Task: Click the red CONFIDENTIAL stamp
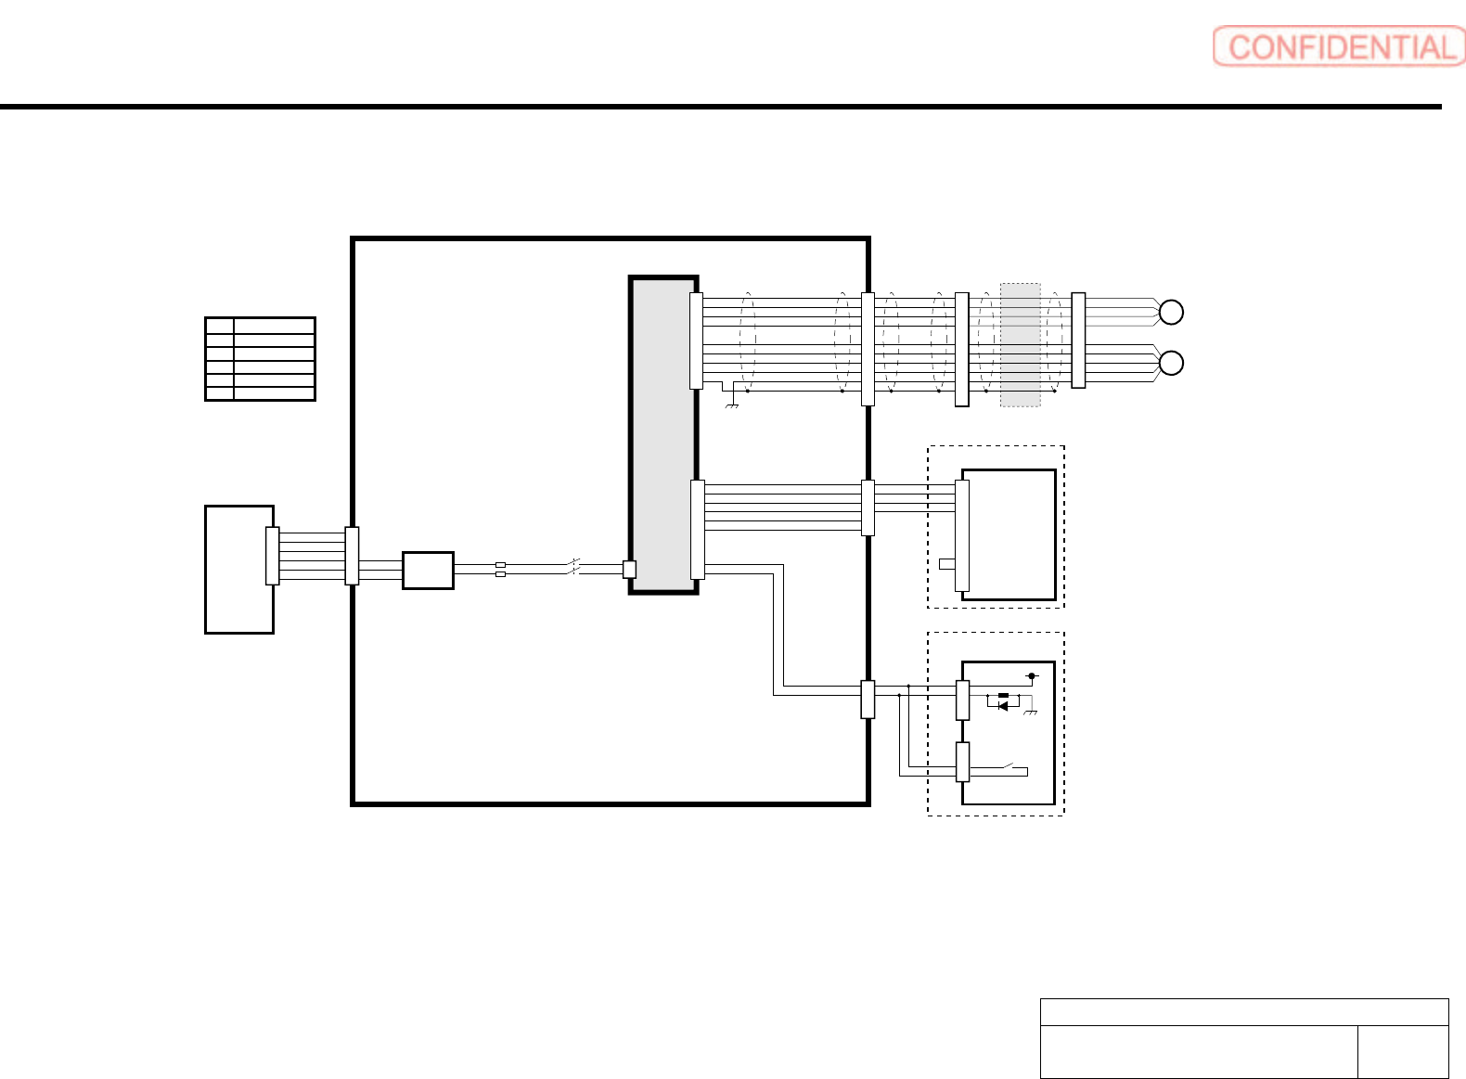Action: (x=1339, y=46)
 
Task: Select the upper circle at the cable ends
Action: (x=1171, y=312)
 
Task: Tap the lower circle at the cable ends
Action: (x=1171, y=363)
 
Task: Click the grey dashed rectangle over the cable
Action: (x=1021, y=345)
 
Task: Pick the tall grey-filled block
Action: (x=663, y=435)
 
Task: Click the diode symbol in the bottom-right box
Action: (x=1003, y=706)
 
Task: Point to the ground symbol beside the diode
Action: (x=1031, y=711)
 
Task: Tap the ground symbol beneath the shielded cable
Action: (x=732, y=405)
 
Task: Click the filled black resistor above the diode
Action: (x=1003, y=695)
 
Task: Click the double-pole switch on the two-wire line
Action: (x=573, y=567)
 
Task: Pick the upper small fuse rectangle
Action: (x=501, y=565)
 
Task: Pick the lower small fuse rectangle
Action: (x=501, y=574)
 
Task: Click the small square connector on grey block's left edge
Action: (x=629, y=570)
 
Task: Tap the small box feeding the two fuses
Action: (x=428, y=571)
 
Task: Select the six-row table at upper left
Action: (x=261, y=359)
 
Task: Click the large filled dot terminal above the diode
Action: (x=1032, y=676)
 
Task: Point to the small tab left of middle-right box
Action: (x=947, y=564)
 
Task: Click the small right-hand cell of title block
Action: (x=1403, y=1052)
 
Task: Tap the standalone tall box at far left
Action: (x=239, y=570)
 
